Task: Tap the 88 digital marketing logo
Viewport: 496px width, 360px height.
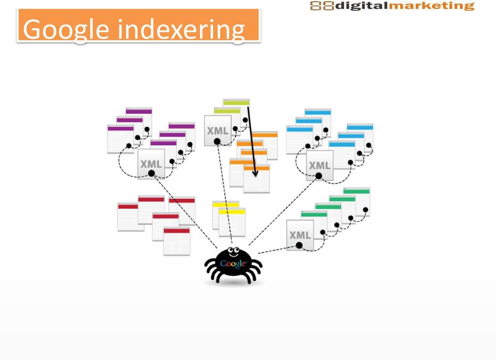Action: click(x=392, y=6)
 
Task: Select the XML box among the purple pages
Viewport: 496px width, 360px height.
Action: click(x=151, y=164)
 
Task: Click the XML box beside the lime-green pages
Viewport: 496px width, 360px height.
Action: click(x=218, y=131)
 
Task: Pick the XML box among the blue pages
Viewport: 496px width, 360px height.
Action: click(x=319, y=165)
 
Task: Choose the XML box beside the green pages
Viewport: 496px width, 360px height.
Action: click(x=300, y=235)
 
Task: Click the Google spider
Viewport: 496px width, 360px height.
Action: click(x=234, y=265)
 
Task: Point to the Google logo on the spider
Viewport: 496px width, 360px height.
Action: click(x=233, y=263)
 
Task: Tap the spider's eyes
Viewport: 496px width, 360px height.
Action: click(x=234, y=251)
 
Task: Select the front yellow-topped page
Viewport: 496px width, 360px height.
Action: click(x=232, y=223)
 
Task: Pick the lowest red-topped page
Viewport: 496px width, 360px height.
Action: click(x=177, y=241)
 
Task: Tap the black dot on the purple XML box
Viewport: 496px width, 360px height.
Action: click(x=151, y=174)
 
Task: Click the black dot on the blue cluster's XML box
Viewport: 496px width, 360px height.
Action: click(x=319, y=176)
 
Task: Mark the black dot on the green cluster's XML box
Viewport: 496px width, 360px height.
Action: click(x=299, y=245)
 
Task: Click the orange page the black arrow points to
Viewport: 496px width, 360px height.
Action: click(x=257, y=179)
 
